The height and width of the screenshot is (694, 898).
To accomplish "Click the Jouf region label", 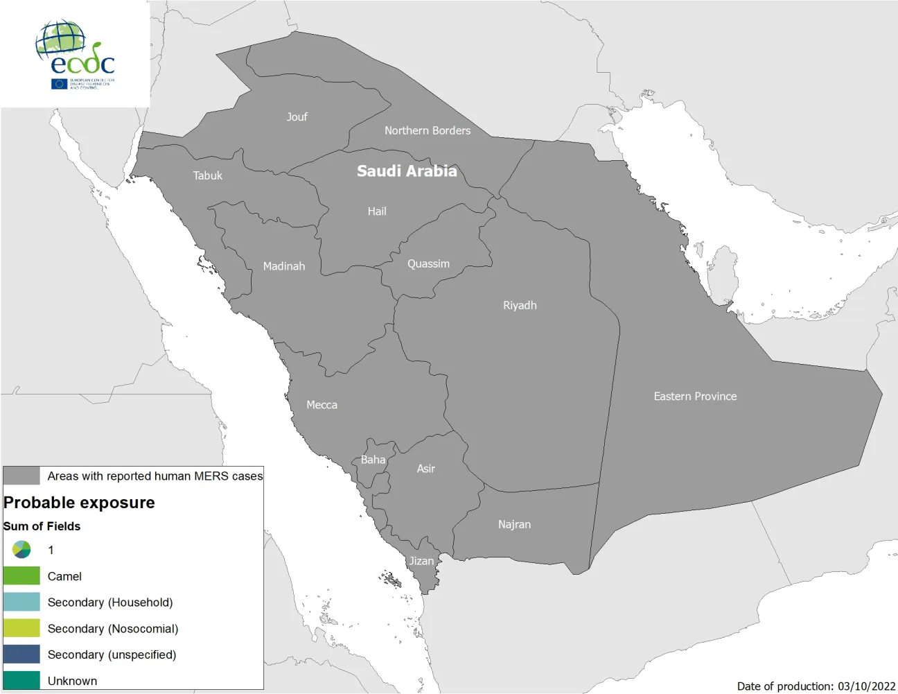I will (x=297, y=117).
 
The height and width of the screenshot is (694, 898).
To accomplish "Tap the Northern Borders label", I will (x=428, y=130).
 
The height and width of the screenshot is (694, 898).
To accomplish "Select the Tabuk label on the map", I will (x=208, y=176).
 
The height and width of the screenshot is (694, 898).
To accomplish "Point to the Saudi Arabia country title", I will (x=407, y=171).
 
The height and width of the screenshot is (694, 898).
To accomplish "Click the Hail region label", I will (x=377, y=211).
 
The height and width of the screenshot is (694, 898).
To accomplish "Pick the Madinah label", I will (x=284, y=266).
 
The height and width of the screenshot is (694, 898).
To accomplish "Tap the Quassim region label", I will (x=428, y=264).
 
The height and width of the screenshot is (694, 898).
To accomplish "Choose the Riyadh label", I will (x=520, y=306).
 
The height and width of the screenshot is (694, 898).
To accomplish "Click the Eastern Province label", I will (x=695, y=397).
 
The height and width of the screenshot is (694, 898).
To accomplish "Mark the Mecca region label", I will (x=322, y=405).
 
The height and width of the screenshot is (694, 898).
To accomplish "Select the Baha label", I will (x=373, y=460).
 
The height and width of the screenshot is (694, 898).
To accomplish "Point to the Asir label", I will (x=426, y=469).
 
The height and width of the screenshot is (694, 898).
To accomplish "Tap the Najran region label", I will (x=514, y=525).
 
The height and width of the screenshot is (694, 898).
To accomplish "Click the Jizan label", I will (x=421, y=561).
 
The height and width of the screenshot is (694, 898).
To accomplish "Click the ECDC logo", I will (x=76, y=54).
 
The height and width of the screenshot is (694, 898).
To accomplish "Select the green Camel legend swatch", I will (x=21, y=576).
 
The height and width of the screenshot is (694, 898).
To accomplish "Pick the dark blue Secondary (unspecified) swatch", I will (x=21, y=654).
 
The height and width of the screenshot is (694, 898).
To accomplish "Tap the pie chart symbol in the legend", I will (x=21, y=550).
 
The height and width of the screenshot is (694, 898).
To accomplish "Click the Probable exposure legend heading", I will (x=79, y=503).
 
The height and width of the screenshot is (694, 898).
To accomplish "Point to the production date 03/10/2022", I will (x=866, y=686).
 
